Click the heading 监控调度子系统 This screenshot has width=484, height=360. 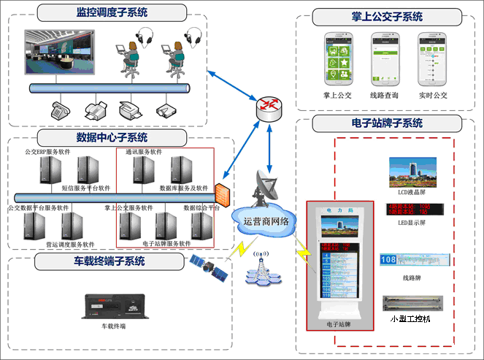click(111, 12)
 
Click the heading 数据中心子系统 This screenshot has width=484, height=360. click(111, 137)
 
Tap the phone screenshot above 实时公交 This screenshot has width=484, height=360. click(432, 59)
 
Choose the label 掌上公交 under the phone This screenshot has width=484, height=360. click(337, 95)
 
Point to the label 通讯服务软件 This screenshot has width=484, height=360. click(147, 153)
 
